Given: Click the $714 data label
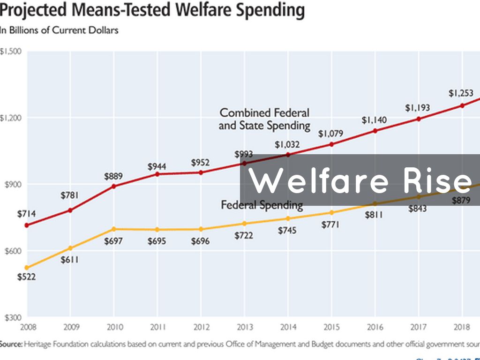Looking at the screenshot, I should [27, 214].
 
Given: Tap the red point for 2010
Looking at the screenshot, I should [113, 186].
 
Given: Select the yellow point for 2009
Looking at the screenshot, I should [70, 248].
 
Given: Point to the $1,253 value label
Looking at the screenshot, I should [461, 93].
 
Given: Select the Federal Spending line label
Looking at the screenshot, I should [262, 205].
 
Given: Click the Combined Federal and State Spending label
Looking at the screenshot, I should [264, 119].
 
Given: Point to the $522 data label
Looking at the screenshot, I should [27, 277].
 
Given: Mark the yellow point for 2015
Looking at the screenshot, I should [331, 212].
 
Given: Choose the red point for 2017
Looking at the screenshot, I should [418, 119].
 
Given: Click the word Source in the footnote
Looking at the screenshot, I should [10, 344].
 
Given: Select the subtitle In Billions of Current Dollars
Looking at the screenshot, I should [59, 30].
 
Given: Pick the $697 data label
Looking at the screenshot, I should [113, 241].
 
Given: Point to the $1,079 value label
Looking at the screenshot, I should [331, 134].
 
